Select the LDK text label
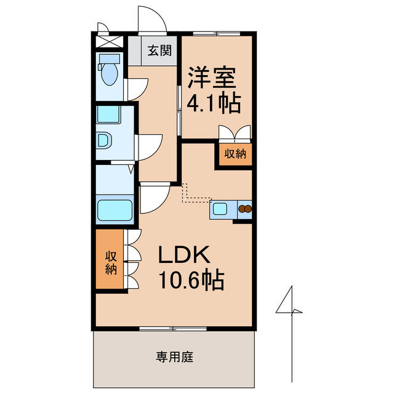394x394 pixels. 186,255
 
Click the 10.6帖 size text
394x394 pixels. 191,281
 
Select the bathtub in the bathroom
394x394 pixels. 115,211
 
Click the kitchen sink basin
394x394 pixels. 220,209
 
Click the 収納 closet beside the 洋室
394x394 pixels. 235,154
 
